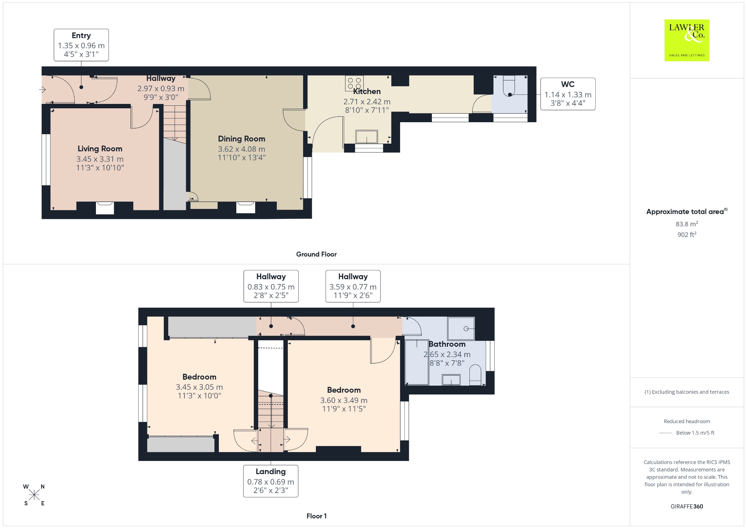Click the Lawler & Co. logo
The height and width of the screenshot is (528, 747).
[x=686, y=40]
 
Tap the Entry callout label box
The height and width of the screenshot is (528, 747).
[x=81, y=45]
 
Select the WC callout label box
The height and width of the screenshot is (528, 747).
[x=568, y=94]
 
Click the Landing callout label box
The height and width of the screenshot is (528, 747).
[x=271, y=481]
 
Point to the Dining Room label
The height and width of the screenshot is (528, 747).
[x=241, y=139]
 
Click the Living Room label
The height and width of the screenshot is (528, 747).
[x=100, y=149]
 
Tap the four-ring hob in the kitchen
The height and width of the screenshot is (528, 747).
[x=354, y=83]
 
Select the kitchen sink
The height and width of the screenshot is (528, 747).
[x=367, y=137]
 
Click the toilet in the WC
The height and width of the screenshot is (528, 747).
[x=509, y=86]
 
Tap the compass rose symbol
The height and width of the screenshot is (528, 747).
[x=34, y=495]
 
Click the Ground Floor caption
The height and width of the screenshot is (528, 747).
[x=316, y=254]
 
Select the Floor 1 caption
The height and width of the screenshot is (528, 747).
[x=316, y=516]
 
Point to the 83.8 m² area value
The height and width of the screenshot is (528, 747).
[x=687, y=224]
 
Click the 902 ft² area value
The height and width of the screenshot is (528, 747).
[x=687, y=234]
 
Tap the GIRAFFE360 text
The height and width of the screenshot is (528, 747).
[x=687, y=506]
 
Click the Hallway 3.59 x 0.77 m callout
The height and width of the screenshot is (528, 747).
[x=353, y=286]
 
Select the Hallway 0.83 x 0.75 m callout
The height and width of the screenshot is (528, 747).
[x=271, y=286]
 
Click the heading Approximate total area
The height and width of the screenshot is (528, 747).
[x=685, y=211]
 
